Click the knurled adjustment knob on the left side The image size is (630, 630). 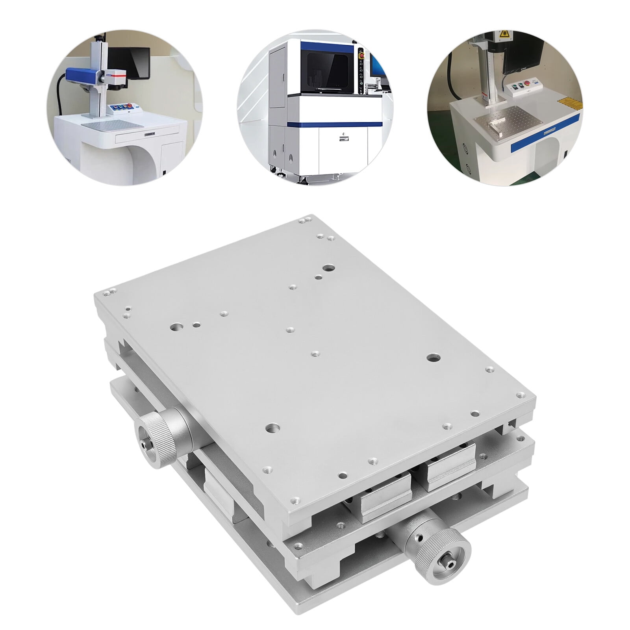[157, 438]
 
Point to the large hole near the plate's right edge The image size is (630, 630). [434, 358]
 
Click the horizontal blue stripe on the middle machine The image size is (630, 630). [335, 124]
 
